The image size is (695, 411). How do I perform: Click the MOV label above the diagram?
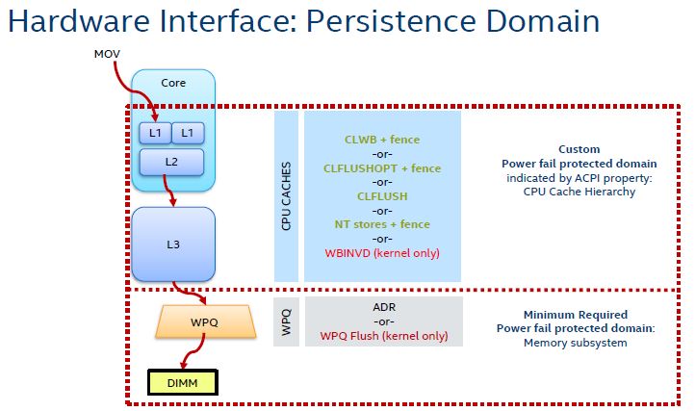coord(105,55)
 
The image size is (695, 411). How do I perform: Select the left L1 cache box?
coord(153,130)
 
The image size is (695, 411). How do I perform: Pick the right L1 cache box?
coord(188,130)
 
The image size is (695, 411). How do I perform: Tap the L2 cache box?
coord(171,162)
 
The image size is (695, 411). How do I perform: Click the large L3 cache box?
coord(173,244)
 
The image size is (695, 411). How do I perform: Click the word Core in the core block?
coord(173,84)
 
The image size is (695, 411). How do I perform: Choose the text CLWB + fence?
coord(382,139)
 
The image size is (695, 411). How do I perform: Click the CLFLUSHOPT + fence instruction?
coord(382,167)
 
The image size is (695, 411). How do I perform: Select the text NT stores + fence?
coord(382,224)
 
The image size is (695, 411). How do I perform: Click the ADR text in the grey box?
coord(382,307)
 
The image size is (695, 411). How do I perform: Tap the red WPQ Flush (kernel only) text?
coord(382,335)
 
